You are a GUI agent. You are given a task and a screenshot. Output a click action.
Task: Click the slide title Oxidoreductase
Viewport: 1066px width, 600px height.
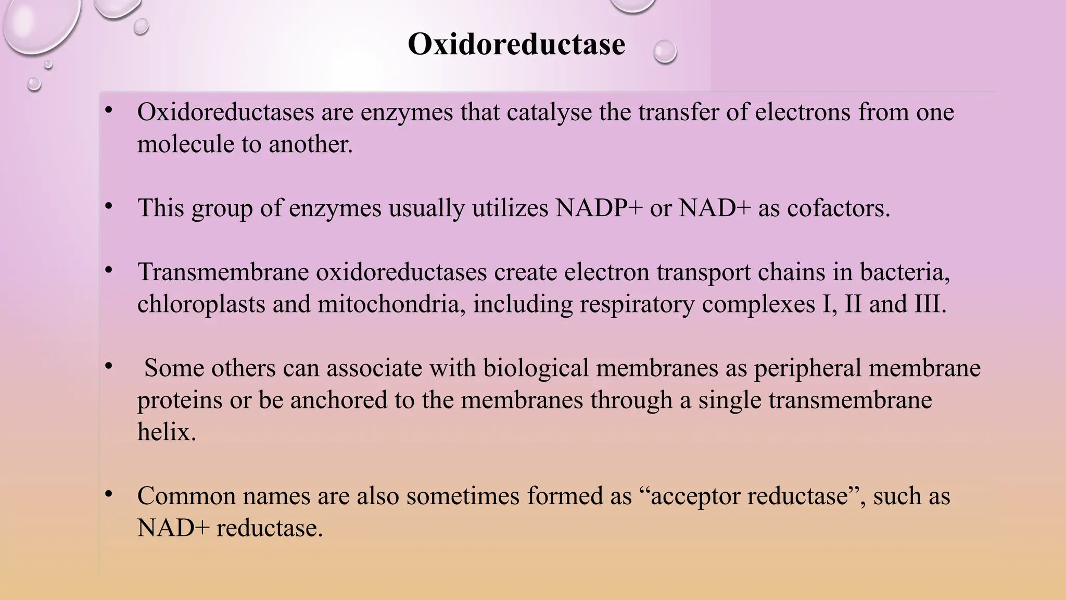click(x=516, y=44)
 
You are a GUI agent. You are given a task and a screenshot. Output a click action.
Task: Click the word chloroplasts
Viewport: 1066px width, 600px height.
click(x=201, y=304)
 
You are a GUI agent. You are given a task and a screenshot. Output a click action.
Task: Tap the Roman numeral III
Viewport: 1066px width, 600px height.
click(x=930, y=304)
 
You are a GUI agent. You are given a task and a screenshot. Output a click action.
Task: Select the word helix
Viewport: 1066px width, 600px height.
click(x=167, y=432)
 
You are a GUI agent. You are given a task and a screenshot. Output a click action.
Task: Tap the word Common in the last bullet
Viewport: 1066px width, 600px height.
click(x=187, y=496)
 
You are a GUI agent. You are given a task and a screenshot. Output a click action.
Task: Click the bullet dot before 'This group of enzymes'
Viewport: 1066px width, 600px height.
click(x=108, y=207)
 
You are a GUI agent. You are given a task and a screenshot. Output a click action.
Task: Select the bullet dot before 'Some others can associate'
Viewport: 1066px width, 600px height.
click(x=108, y=367)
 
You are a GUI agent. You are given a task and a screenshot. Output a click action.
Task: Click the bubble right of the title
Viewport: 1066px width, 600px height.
click(x=665, y=52)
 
